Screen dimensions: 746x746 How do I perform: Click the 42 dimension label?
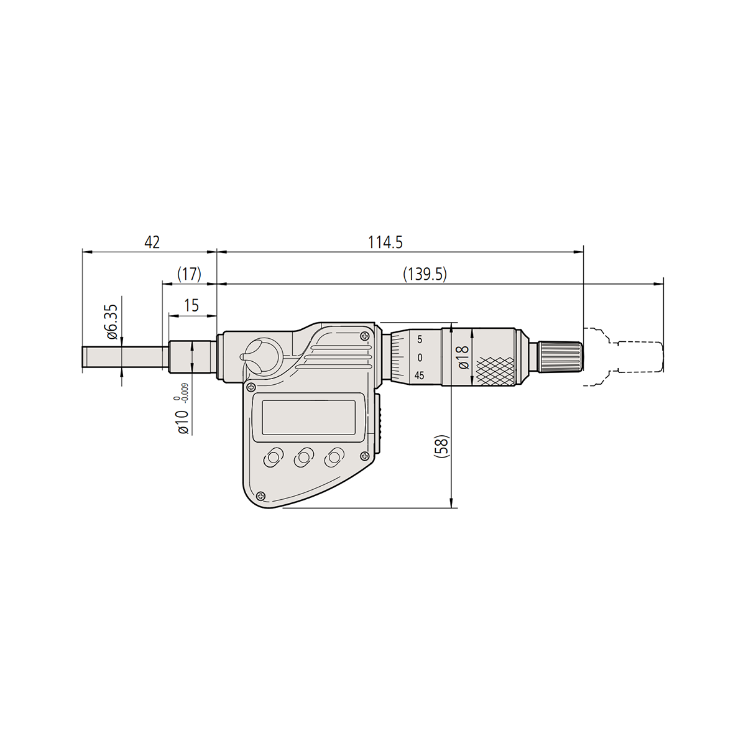tap(152, 242)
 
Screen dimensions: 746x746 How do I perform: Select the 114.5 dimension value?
tap(385, 242)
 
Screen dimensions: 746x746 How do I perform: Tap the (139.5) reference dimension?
tap(425, 275)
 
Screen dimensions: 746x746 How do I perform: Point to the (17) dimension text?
tap(190, 275)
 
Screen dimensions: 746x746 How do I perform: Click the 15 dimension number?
tap(191, 306)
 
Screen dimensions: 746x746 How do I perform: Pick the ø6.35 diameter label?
tap(111, 321)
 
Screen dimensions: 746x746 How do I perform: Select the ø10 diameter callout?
tap(182, 422)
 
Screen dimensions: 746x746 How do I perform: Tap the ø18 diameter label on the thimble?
tap(464, 357)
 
